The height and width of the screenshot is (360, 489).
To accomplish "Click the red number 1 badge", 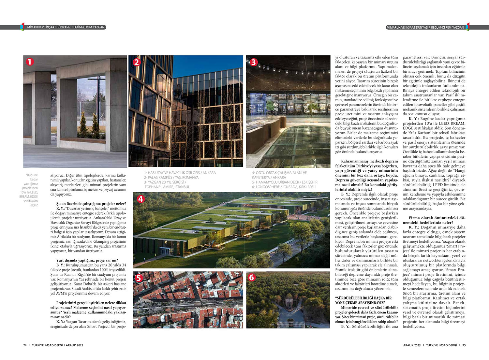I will pyautogui.click(x=30, y=62).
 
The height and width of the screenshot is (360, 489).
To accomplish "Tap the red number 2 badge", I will pyautogui.click(x=136, y=62).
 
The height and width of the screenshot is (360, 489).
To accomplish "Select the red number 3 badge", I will pyautogui.click(x=254, y=62).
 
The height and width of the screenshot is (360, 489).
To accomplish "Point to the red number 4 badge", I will pyautogui.click(x=141, y=199).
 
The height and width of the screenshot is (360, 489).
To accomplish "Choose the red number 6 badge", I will pyautogui.click(x=251, y=277).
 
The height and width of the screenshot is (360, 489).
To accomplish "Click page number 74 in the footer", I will pyautogui.click(x=25, y=345).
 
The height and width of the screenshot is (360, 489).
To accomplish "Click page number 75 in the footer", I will pyautogui.click(x=464, y=345).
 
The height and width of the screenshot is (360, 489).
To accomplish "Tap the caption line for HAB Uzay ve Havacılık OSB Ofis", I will pyautogui.click(x=180, y=173).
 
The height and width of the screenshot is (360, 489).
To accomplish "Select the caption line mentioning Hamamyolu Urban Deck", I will pyautogui.click(x=284, y=182).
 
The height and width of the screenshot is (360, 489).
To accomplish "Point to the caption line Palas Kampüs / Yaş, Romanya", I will pyautogui.click(x=171, y=178).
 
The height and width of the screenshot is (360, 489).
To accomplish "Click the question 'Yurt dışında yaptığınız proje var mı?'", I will pyautogui.click(x=87, y=260).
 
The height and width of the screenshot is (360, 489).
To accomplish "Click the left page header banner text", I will pyautogui.click(x=66, y=27).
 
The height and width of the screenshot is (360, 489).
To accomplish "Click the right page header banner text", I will pyautogui.click(x=425, y=27).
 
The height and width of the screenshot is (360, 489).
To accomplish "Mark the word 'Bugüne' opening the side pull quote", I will pyautogui.click(x=33, y=175).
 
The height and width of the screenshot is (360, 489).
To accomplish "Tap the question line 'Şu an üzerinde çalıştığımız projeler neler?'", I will pyautogui.click(x=91, y=204).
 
